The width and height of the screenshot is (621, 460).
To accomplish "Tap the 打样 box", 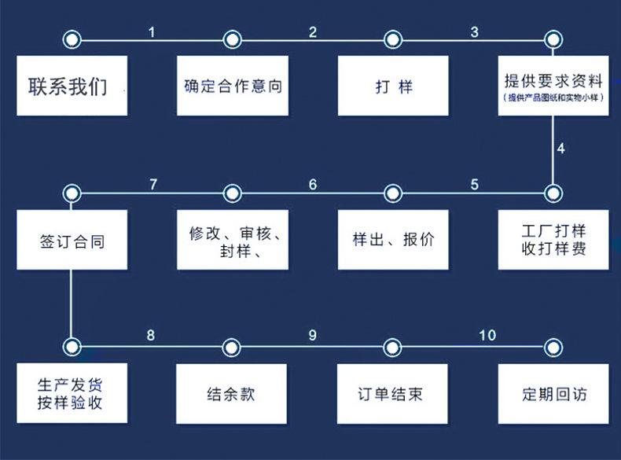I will click(393, 86).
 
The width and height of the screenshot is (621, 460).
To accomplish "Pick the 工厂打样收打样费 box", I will click(553, 240).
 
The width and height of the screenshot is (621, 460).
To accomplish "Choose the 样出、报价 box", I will click(393, 240).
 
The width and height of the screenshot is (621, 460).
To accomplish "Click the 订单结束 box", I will click(393, 393).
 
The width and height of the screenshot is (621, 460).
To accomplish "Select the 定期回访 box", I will click(553, 393).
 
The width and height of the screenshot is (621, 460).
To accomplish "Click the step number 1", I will click(152, 32).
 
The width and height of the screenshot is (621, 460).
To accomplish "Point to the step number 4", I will click(561, 148).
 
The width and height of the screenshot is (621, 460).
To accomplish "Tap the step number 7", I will click(153, 185).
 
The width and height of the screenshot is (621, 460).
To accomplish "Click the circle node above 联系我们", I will click(72, 39).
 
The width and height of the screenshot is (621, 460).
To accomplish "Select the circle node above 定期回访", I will click(553, 346).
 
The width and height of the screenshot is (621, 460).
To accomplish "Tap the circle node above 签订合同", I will click(72, 193).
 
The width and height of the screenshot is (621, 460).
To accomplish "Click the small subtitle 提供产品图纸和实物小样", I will click(553, 98).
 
